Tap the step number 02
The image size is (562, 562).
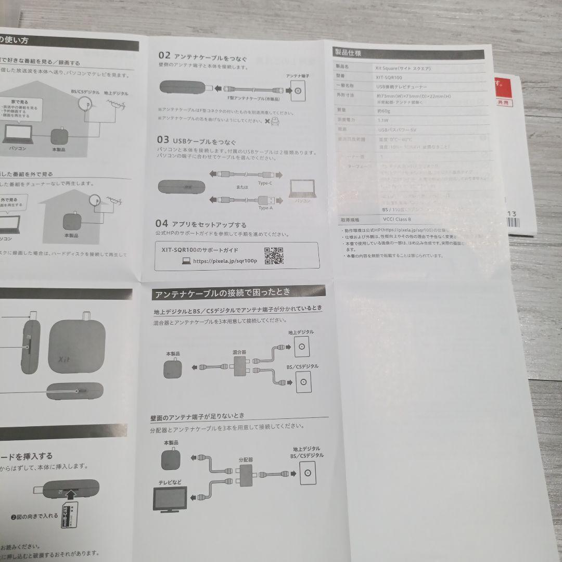point(164,56)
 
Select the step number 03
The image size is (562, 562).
point(163,140)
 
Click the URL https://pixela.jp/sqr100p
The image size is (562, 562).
point(225,261)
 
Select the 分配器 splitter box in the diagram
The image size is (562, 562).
point(245,474)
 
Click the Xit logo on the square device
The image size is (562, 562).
point(63,359)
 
